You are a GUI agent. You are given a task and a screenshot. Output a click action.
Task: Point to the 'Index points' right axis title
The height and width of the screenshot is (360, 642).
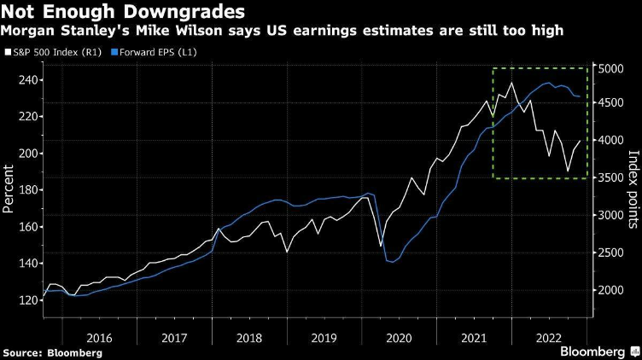pos(633,189)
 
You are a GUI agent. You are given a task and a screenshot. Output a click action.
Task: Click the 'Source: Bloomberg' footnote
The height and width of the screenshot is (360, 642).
pos(53,352)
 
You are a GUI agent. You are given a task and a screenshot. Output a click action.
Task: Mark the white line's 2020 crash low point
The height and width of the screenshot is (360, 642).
pos(380,247)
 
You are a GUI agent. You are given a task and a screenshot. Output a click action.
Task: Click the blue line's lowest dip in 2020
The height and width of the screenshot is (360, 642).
pos(393,262)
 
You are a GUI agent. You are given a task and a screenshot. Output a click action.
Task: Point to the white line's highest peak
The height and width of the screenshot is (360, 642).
pos(511,83)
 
